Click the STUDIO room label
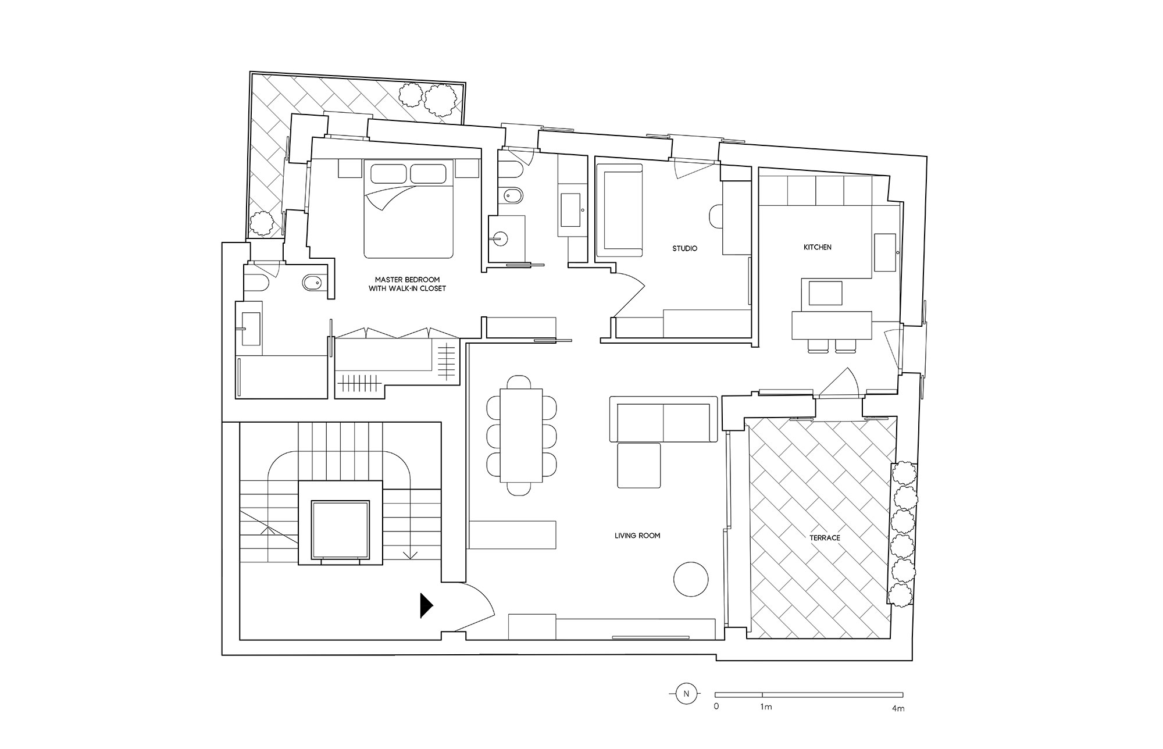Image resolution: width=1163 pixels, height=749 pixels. tap(684, 248)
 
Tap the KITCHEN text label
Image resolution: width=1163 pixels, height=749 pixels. tap(817, 247)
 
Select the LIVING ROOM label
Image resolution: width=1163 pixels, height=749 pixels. tap(637, 536)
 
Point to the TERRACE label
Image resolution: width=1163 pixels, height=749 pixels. tap(825, 538)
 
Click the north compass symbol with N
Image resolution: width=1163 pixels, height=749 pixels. tap(686, 694)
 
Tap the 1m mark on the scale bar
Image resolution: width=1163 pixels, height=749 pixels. tap(765, 708)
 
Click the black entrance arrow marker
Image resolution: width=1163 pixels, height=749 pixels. tap(427, 605)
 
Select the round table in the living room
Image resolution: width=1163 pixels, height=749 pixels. tap(691, 579)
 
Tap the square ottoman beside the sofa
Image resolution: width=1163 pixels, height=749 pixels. tap(638, 465)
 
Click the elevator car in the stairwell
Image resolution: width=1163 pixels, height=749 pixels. tap(340, 529)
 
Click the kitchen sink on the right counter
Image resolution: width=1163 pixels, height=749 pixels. tap(886, 252)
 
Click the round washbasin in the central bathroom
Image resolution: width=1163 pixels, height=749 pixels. tap(498, 237)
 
